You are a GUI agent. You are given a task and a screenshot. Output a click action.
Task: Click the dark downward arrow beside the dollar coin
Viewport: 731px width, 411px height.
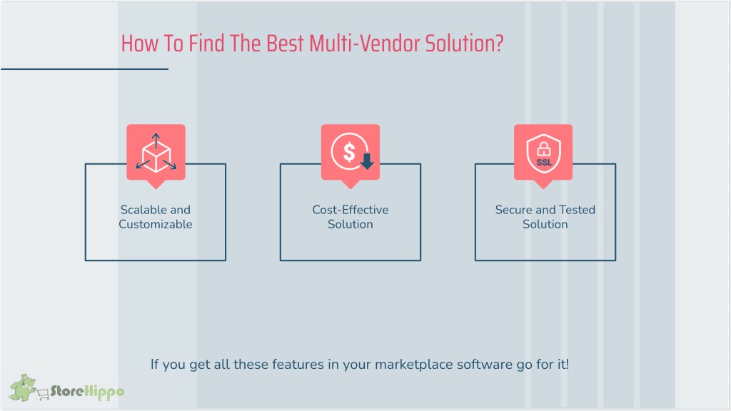point(367,161)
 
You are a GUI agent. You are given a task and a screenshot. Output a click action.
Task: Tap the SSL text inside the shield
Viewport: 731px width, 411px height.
point(543,163)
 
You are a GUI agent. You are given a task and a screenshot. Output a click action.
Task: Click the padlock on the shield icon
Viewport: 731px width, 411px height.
point(543,149)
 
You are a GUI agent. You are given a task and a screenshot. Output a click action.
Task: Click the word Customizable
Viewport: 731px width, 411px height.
point(155,224)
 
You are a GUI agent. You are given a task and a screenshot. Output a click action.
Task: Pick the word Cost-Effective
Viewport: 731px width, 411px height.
point(351,210)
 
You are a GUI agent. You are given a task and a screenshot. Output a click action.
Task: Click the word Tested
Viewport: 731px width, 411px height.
point(580,210)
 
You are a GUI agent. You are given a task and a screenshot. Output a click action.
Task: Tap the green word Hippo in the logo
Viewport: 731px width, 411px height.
point(105,392)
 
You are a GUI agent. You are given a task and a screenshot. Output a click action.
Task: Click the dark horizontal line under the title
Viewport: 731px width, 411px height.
point(84,69)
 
